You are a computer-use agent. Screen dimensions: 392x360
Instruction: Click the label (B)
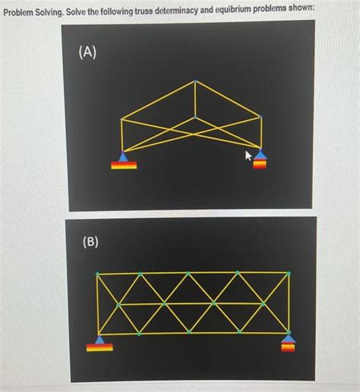tap(90, 243)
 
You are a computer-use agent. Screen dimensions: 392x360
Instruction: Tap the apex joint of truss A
tap(195, 81)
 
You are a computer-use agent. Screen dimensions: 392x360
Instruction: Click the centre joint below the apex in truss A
tap(195, 118)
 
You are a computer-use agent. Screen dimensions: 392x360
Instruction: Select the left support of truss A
tap(125, 160)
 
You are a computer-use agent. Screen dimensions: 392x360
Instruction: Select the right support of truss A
tap(261, 160)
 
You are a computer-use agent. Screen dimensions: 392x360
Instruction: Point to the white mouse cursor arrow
tap(247, 155)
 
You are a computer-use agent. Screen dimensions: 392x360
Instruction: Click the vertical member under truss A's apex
tap(195, 100)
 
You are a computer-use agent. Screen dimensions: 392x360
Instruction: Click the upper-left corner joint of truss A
tap(122, 119)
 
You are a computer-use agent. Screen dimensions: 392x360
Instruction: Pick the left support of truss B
tap(100, 343)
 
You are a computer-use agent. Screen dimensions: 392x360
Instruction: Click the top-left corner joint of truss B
tap(98, 273)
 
